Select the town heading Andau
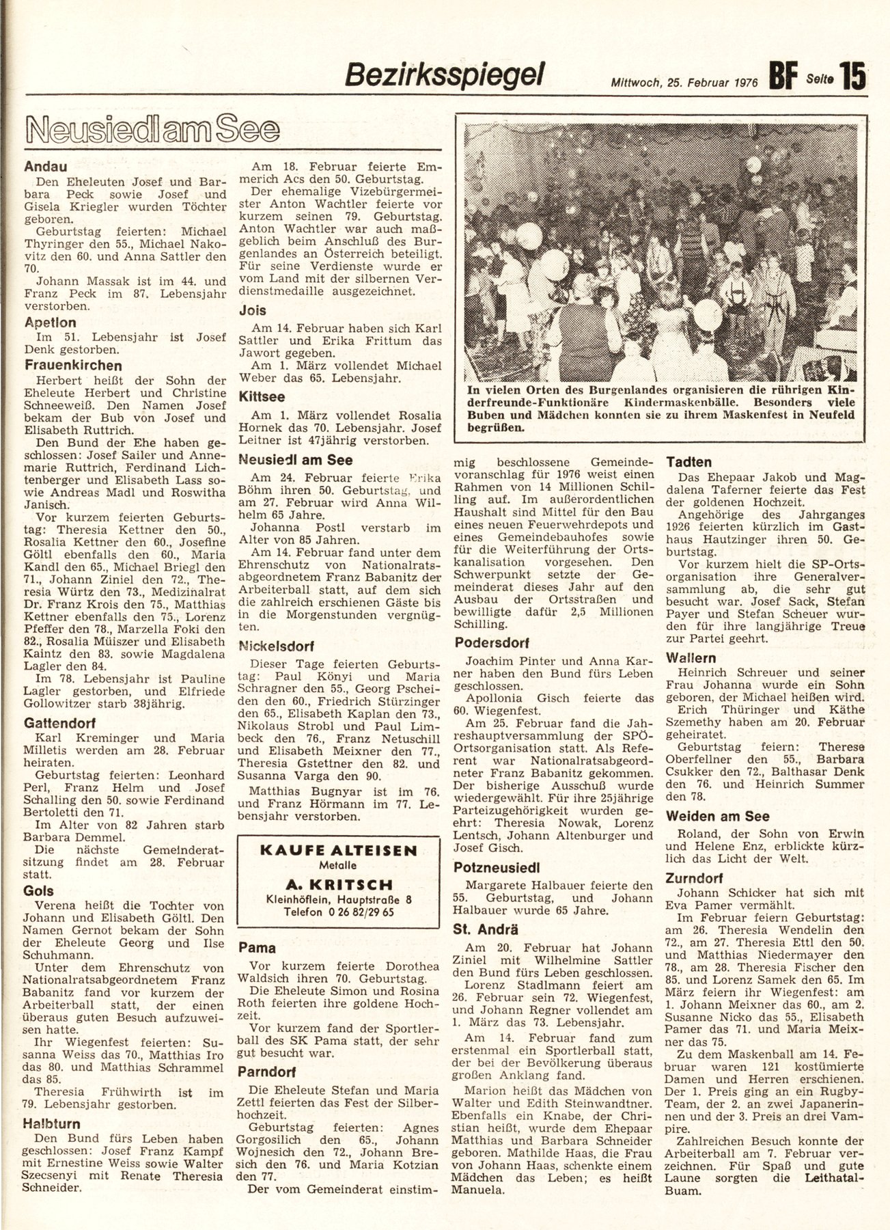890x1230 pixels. (x=46, y=165)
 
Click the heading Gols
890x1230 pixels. (x=38, y=891)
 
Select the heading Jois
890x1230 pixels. (x=252, y=310)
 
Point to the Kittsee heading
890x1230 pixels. (x=262, y=396)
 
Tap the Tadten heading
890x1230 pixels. (x=689, y=462)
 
